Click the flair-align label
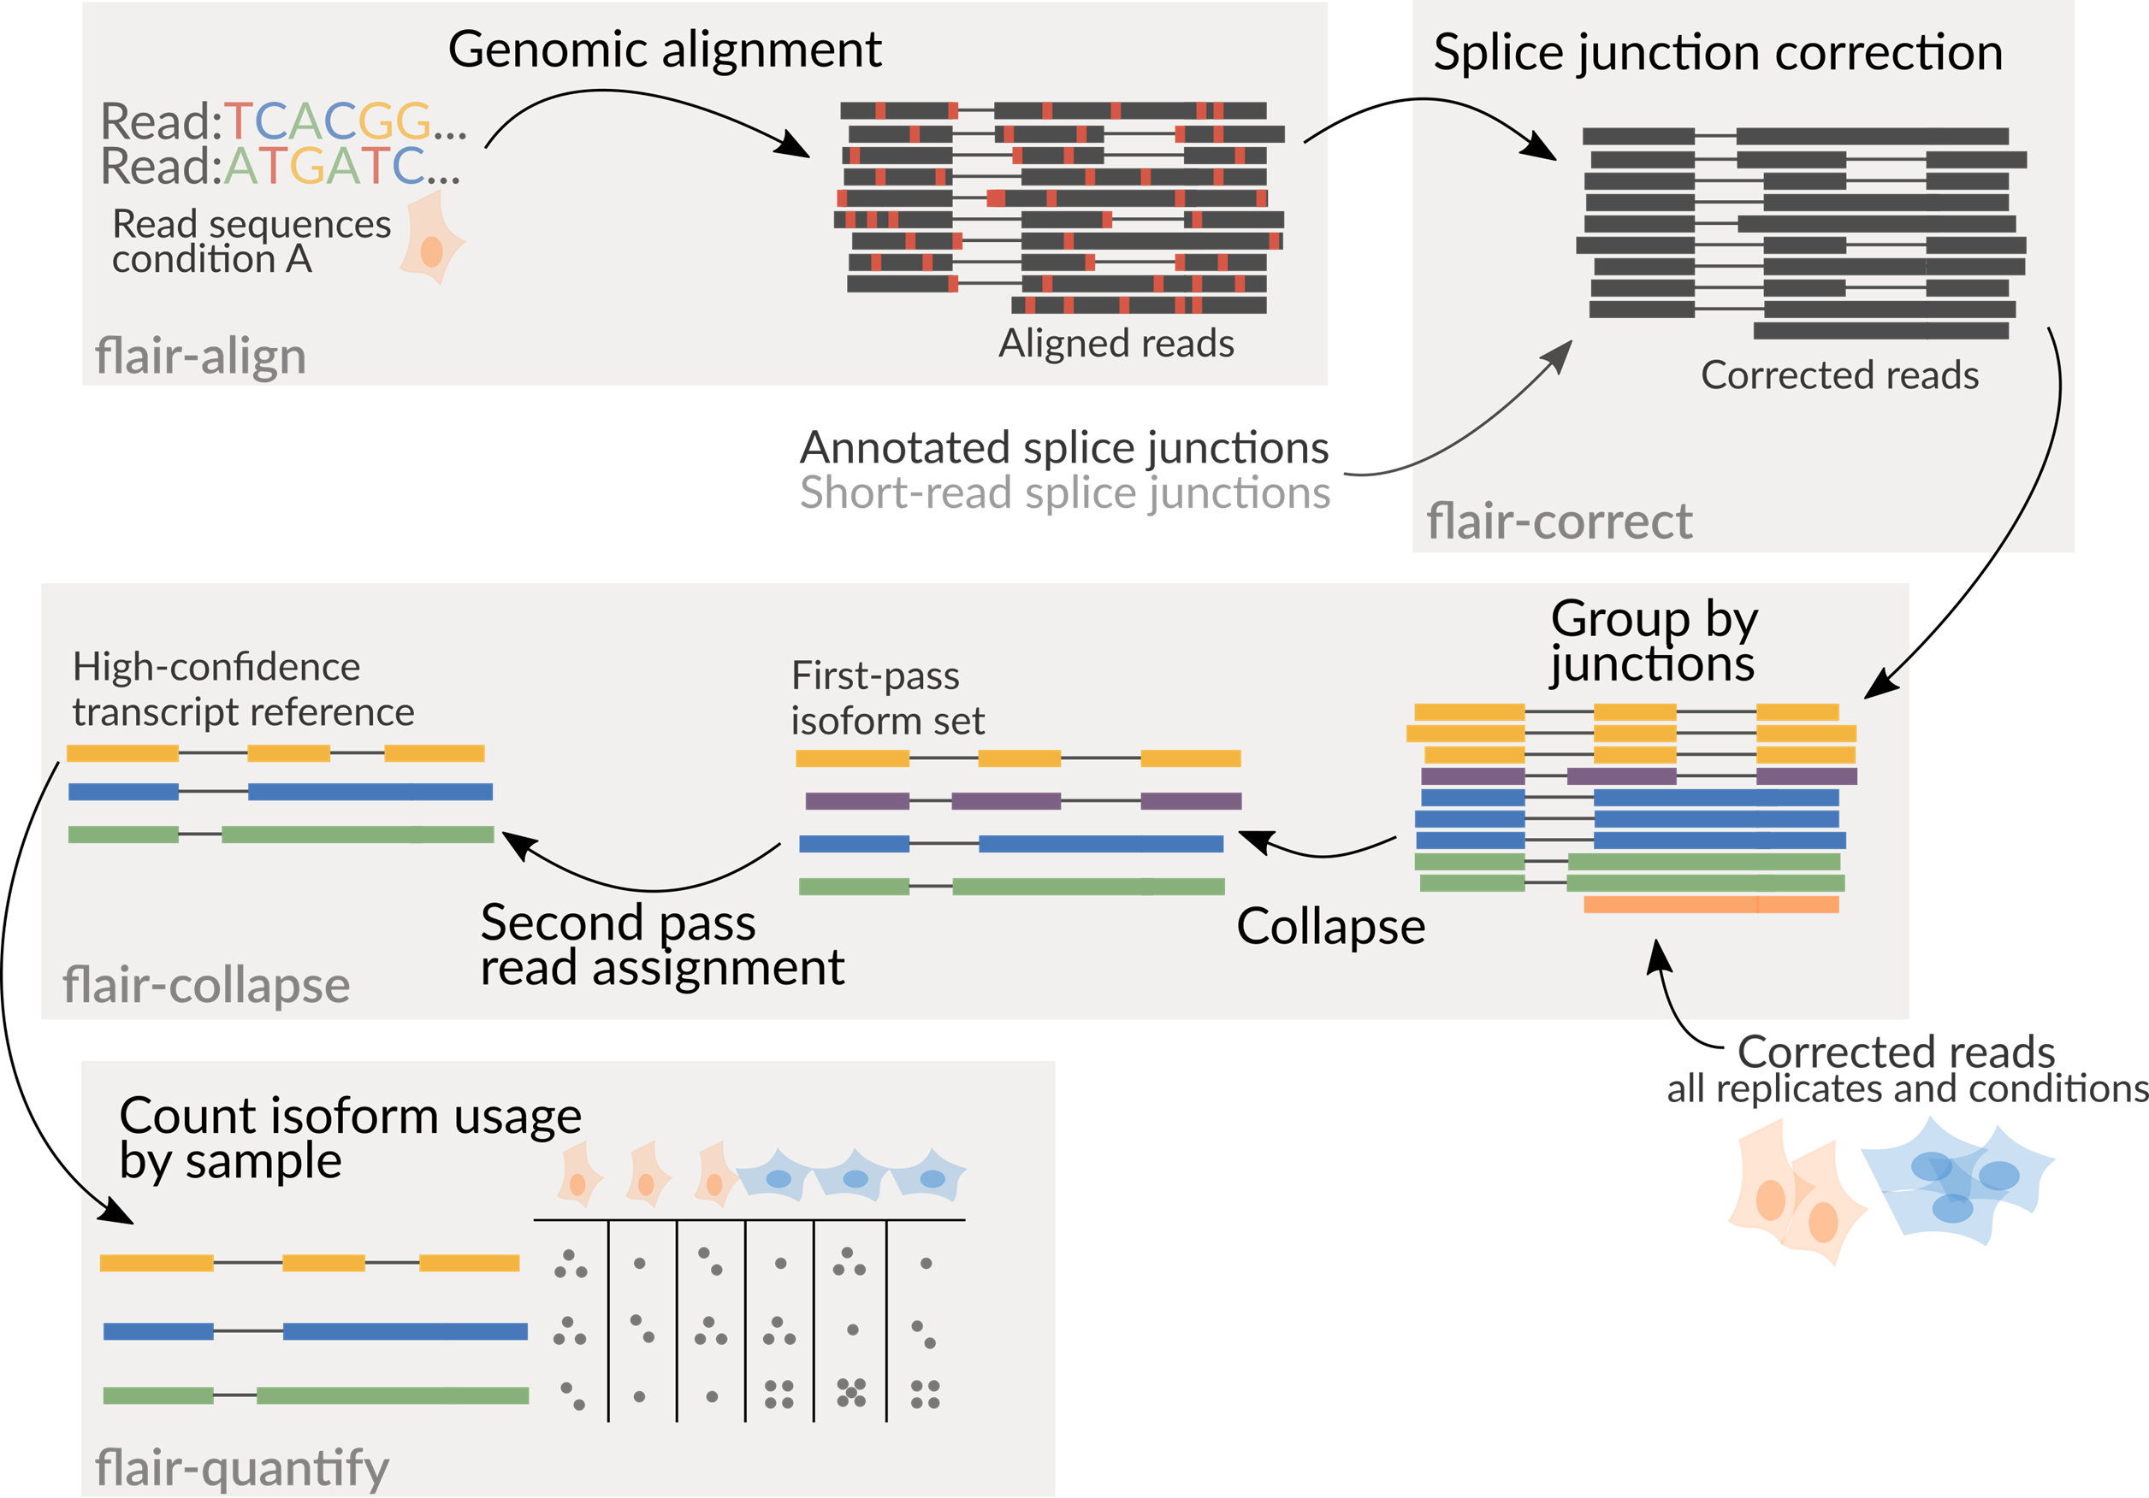(x=200, y=357)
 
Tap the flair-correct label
(x=1559, y=522)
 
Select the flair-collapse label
(x=206, y=985)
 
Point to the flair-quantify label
(x=241, y=1467)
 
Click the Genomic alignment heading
(x=665, y=50)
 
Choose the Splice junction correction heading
(x=1718, y=52)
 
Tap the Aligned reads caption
(x=1116, y=344)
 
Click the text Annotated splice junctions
(x=1064, y=447)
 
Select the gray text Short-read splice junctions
(x=1064, y=493)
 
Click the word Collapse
(x=1330, y=926)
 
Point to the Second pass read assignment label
(x=662, y=945)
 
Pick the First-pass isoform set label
(x=886, y=698)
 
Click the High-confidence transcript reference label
(x=243, y=690)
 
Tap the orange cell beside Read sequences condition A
(x=431, y=238)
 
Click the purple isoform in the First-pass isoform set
(x=1023, y=801)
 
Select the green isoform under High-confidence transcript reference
(x=281, y=834)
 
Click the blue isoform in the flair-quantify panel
(x=315, y=1330)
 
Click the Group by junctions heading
(x=1653, y=641)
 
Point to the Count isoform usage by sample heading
(x=350, y=1138)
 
